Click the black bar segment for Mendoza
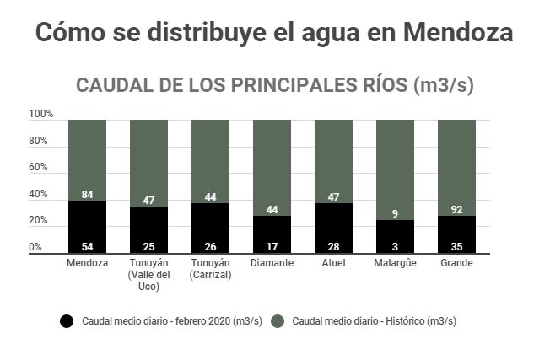click(x=87, y=226)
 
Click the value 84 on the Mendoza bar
click(x=87, y=195)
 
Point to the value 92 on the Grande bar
click(x=456, y=210)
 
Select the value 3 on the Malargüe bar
click(x=395, y=246)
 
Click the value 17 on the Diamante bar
click(x=272, y=246)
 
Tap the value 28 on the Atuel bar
click(x=333, y=246)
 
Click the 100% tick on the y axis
click(x=40, y=114)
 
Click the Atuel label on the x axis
click(x=333, y=263)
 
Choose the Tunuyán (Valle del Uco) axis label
click(x=148, y=275)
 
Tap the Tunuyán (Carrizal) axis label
click(x=210, y=269)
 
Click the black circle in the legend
click(x=67, y=321)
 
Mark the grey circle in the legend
click(x=277, y=321)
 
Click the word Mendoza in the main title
click(x=458, y=33)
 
